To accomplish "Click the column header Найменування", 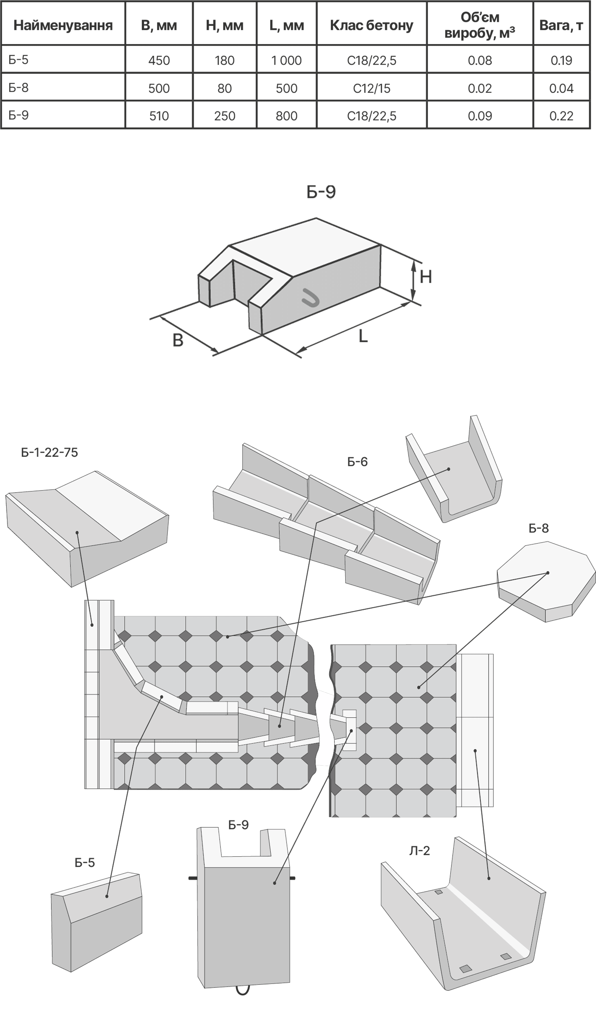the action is (63, 25).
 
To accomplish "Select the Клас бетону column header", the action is (372, 25).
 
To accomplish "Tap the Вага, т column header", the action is (561, 25).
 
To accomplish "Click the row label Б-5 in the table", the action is (18, 60).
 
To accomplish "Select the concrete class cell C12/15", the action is (372, 88).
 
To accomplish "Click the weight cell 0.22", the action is (561, 116).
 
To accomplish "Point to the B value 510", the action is (159, 116).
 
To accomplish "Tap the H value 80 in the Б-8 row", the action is (224, 88).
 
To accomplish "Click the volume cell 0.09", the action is (480, 116).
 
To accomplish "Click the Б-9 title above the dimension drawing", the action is (321, 192).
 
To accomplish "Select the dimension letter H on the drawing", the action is (426, 277).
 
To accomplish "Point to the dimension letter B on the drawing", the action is (178, 341).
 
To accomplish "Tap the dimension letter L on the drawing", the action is (363, 336).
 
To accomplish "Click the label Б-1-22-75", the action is (49, 452).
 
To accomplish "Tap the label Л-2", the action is (420, 851).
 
